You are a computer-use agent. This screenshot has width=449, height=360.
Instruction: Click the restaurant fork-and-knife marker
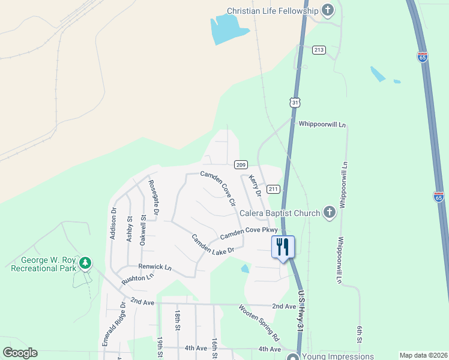pos(283,247)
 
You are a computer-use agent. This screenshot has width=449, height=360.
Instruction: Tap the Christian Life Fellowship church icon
pos(328,10)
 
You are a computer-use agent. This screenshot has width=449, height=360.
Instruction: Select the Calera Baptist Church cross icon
pos(329,212)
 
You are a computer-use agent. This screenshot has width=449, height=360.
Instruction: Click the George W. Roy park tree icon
pos(86,263)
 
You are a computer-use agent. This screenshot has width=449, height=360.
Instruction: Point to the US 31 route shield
pos(295,103)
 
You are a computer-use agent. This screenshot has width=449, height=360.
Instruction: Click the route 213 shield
pos(319,50)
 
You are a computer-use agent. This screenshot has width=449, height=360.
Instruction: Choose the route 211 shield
pos(274,190)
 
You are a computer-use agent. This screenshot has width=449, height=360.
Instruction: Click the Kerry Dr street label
pos(255,185)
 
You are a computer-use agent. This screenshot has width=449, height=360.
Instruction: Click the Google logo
pos(20,353)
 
